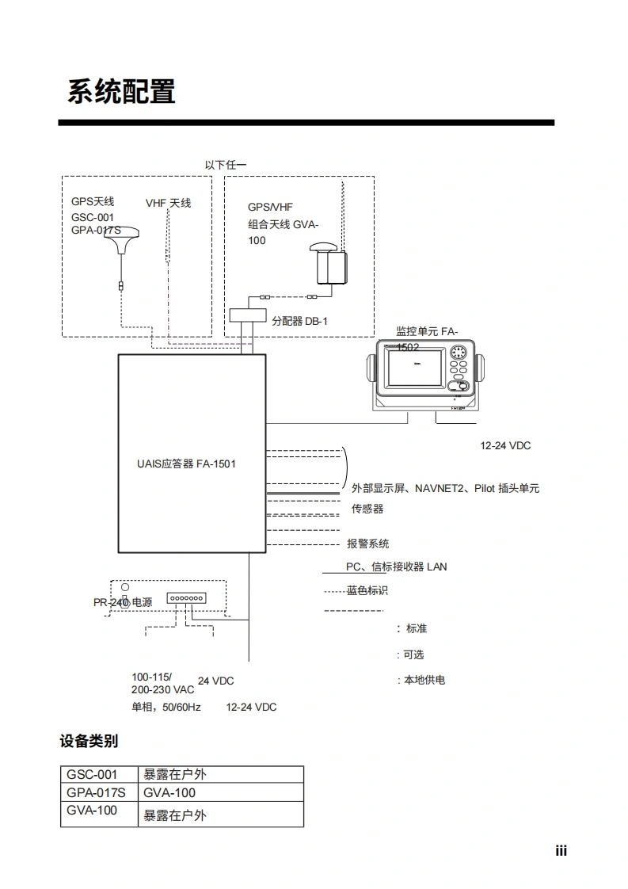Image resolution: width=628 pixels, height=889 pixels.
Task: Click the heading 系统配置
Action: tap(121, 92)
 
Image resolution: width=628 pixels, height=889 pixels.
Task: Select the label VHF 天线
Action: tap(168, 203)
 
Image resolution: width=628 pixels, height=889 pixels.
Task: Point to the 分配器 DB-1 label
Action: tap(299, 321)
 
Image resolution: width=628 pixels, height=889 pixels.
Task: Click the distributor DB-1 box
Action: tap(247, 315)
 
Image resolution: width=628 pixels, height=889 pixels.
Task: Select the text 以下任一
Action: tap(226, 165)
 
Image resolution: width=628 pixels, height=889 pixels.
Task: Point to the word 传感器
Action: tap(367, 509)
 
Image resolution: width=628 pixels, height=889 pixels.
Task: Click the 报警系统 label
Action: tap(368, 544)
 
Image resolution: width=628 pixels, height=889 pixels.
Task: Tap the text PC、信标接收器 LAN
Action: tap(396, 567)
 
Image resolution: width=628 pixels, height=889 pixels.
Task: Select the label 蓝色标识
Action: tap(367, 590)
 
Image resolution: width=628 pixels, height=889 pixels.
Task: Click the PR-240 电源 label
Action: tap(123, 602)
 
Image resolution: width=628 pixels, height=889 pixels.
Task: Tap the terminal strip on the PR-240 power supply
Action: tap(186, 598)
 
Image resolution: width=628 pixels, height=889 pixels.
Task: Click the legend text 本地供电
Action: tap(424, 680)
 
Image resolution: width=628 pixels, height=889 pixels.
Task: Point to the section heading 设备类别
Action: tap(89, 741)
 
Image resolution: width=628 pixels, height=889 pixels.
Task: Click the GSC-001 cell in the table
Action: tap(92, 774)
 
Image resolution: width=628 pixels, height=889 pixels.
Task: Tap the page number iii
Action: tap(561, 852)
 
